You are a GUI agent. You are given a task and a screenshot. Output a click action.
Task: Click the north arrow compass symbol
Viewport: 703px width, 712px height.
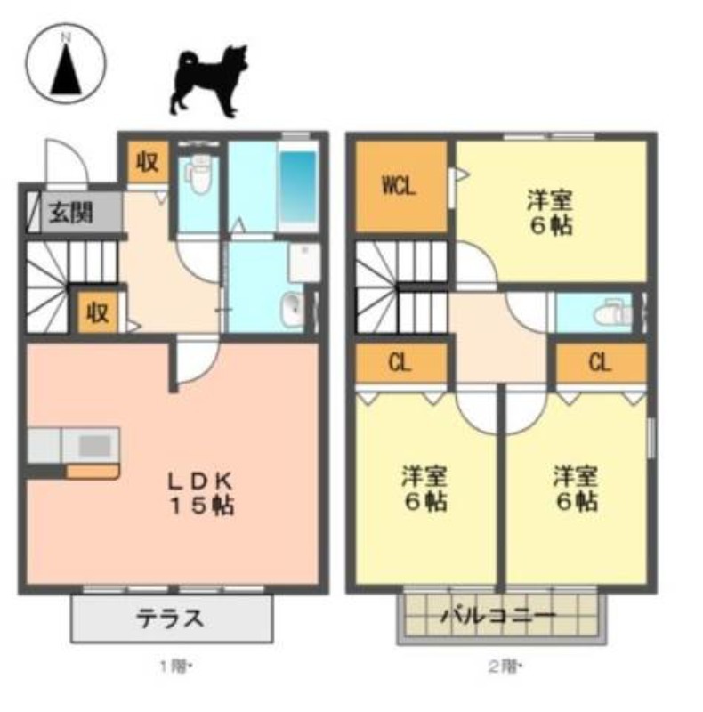66,63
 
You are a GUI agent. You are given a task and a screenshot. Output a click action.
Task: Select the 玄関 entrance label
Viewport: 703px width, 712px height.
71,213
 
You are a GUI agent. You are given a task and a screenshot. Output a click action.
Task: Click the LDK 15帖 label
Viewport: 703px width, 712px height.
201,493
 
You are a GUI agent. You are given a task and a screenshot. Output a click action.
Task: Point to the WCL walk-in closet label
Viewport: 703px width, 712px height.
400,186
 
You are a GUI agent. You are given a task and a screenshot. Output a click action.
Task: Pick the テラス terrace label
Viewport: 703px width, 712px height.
170,619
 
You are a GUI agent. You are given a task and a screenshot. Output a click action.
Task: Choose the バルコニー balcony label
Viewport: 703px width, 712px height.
499,616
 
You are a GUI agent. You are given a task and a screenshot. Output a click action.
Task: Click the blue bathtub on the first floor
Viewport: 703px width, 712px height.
298,186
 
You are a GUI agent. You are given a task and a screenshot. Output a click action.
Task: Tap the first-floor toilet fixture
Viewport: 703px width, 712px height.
198,173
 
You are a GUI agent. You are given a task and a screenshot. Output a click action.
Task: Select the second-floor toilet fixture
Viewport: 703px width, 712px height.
612,312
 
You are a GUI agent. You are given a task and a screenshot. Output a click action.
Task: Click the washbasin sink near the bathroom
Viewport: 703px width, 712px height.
293,310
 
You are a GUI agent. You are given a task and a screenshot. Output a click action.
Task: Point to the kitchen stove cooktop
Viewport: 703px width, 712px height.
95,446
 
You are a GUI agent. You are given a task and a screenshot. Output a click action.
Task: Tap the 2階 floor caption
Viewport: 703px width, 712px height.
505,667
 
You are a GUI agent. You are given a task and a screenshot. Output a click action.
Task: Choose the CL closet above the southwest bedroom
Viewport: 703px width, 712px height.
401,363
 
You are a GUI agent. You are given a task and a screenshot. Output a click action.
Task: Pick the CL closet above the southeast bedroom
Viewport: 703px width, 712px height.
601,363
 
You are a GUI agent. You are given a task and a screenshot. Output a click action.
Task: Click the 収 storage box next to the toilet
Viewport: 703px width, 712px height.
148,162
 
